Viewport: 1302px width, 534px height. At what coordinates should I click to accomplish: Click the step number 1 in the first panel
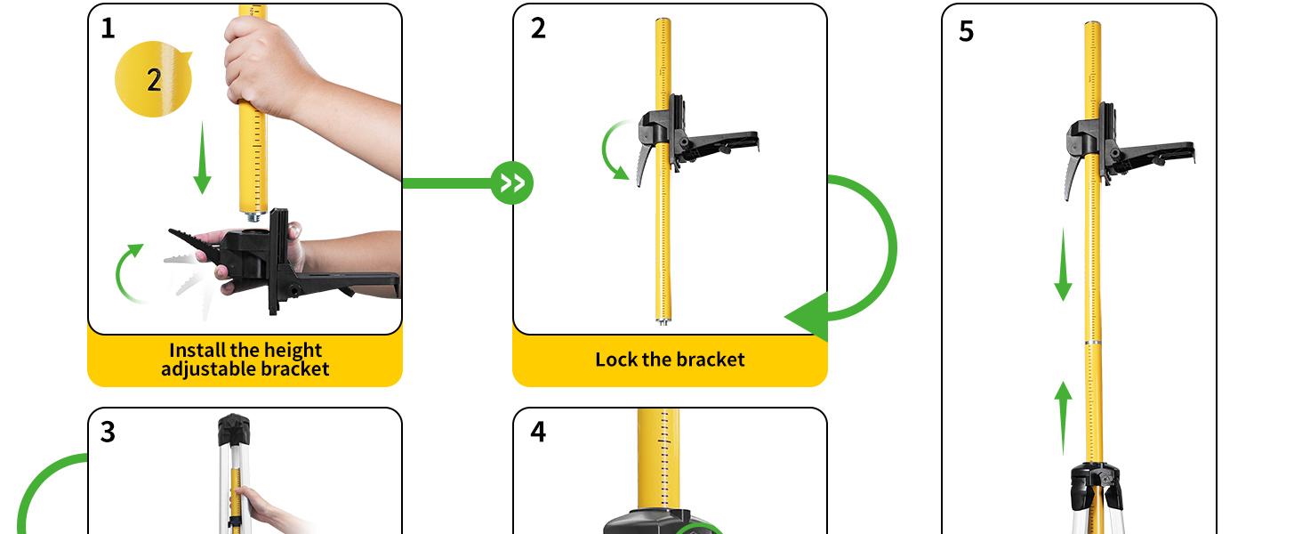108,28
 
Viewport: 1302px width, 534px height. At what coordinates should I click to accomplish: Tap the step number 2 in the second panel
538,28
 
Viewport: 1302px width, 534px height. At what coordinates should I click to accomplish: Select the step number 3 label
108,432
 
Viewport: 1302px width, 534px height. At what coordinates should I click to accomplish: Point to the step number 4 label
538,432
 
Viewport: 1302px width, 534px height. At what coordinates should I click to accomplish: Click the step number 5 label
967,31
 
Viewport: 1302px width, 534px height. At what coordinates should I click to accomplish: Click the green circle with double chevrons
512,183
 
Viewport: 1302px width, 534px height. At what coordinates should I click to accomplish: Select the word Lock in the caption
616,360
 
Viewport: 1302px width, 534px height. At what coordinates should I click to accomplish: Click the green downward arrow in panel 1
203,158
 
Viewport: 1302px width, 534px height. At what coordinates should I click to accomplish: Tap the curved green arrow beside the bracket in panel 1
127,271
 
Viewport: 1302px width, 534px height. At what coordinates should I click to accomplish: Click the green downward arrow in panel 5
1063,265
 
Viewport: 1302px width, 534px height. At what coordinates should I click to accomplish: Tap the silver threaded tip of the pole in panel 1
254,214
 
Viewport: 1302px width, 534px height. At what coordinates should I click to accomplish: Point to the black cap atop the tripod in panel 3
234,431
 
